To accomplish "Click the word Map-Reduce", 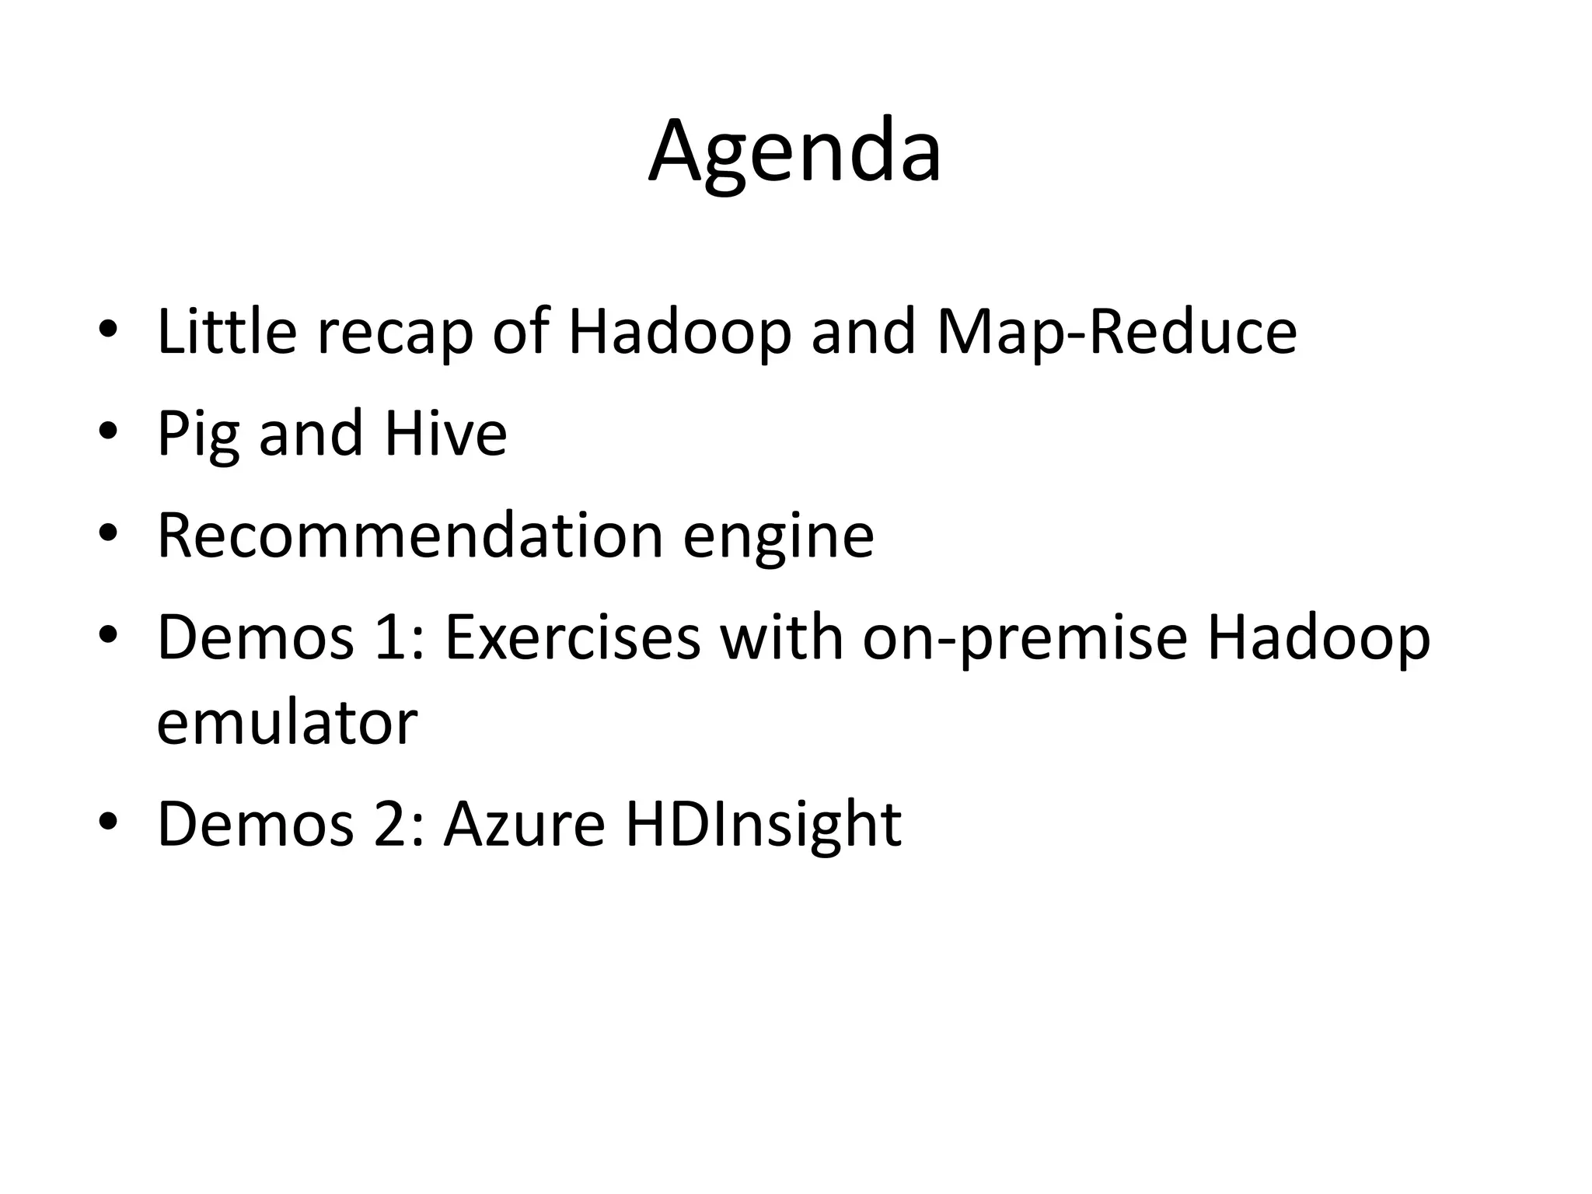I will [x=1117, y=332].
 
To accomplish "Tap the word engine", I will [x=778, y=538].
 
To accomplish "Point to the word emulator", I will [x=287, y=722].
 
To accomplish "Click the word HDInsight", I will [x=763, y=826].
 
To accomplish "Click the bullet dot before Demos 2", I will [x=108, y=822].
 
